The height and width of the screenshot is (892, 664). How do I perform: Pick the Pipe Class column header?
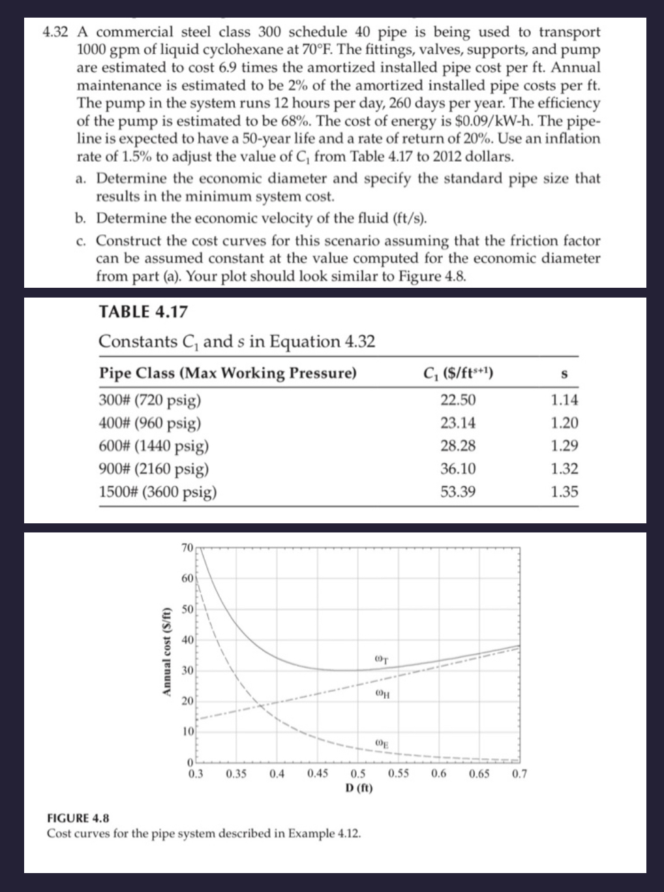228,373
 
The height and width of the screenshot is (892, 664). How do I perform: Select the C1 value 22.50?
458,400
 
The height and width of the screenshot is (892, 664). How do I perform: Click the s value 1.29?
564,446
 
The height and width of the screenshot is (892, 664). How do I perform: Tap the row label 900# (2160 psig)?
154,469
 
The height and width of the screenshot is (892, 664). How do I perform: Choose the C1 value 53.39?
458,492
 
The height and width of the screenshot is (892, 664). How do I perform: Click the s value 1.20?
564,423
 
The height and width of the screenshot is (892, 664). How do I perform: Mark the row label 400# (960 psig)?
149,423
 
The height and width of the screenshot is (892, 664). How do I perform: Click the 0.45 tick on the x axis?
316,775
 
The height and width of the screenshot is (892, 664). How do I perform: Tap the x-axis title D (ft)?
359,788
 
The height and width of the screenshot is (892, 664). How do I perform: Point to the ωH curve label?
384,694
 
